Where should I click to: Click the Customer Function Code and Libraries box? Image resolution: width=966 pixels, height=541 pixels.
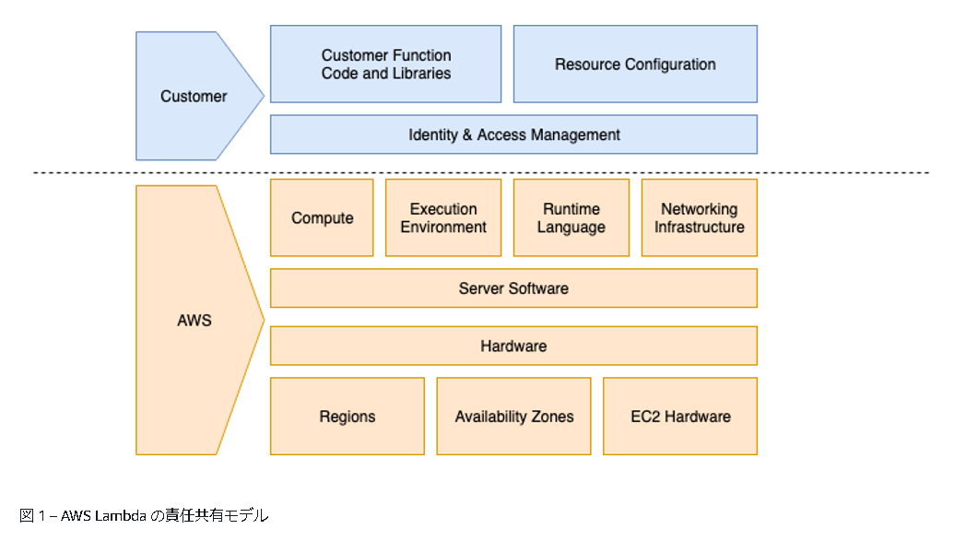tap(385, 64)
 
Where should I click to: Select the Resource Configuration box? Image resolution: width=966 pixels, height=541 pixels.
tap(635, 64)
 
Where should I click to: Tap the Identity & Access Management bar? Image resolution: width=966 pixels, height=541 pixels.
tap(513, 135)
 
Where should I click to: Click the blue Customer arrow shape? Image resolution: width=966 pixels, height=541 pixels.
tap(194, 96)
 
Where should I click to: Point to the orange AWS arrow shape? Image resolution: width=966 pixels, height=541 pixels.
tap(194, 320)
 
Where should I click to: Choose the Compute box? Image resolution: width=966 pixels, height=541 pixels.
tap(322, 218)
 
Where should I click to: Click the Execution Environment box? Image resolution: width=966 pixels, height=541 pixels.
tap(443, 218)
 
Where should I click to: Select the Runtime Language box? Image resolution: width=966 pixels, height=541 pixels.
tap(571, 218)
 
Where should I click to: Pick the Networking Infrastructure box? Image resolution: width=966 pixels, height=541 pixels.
tap(699, 218)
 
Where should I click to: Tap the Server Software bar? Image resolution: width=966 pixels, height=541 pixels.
tap(513, 288)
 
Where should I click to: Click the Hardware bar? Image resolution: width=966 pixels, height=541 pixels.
tap(513, 346)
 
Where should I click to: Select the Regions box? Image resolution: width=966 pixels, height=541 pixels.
tap(348, 417)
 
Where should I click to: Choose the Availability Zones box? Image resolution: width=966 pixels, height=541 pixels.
tap(513, 417)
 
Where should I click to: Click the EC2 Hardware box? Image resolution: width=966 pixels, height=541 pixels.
tap(680, 417)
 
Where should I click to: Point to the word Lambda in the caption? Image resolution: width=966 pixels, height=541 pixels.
tap(121, 516)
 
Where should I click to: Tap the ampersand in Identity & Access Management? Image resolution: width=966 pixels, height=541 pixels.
tap(467, 135)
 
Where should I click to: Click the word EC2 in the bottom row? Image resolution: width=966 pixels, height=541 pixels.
tap(645, 417)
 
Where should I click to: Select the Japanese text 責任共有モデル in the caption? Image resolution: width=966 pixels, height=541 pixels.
tap(218, 516)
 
